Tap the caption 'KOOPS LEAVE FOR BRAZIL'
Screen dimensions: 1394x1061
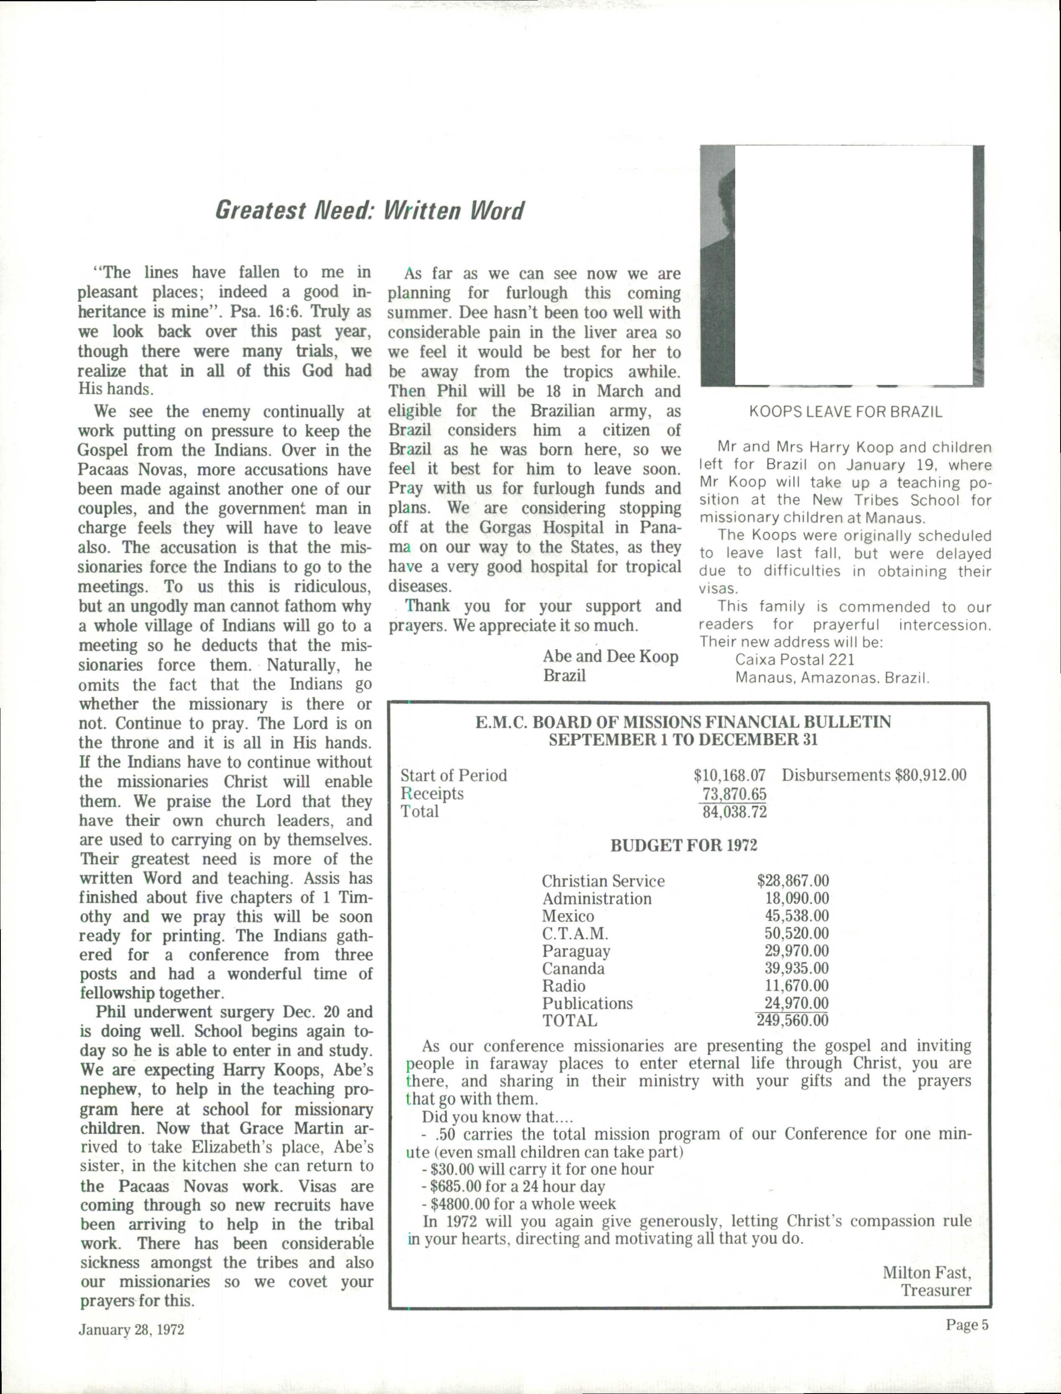pyautogui.click(x=845, y=413)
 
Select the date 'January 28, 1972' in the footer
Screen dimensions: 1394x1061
pyautogui.click(x=131, y=1330)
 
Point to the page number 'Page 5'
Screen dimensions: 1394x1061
pyautogui.click(x=966, y=1325)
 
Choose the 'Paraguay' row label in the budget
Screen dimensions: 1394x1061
pyautogui.click(x=576, y=951)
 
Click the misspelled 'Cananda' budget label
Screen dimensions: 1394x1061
pyautogui.click(x=573, y=968)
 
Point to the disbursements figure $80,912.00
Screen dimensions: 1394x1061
pyautogui.click(x=930, y=775)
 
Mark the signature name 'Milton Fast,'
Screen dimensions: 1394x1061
pyautogui.click(x=926, y=1272)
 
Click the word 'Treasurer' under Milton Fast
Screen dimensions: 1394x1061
pyautogui.click(x=936, y=1290)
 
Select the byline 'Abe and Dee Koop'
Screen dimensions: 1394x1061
pyautogui.click(x=610, y=656)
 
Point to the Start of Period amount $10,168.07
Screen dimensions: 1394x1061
pyautogui.click(x=729, y=775)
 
